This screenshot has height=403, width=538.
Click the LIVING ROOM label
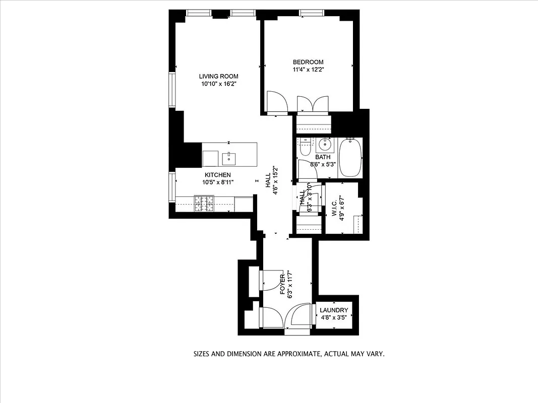(218, 77)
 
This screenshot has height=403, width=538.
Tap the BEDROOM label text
(308, 62)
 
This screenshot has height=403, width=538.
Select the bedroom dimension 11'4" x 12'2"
(308, 70)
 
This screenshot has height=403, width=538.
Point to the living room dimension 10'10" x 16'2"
(218, 84)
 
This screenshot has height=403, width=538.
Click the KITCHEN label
(217, 175)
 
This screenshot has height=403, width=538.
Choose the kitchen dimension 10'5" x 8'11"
(217, 182)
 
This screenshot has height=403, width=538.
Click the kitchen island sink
(229, 159)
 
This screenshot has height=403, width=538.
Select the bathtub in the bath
(350, 158)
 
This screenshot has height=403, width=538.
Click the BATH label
(323, 157)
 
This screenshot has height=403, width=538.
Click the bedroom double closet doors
(313, 104)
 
